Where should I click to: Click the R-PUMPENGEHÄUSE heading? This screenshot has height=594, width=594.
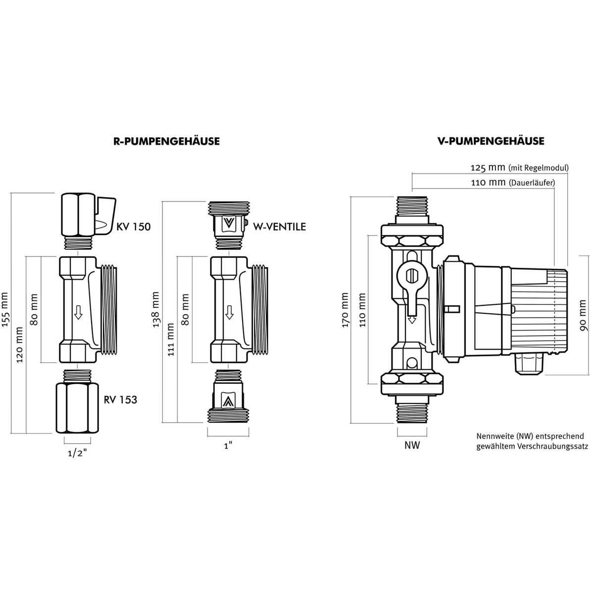[x=166, y=142]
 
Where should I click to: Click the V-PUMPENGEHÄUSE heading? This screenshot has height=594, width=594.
[x=491, y=141]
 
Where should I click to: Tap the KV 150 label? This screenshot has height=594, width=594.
[x=134, y=227]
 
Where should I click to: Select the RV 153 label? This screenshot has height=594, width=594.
[x=121, y=399]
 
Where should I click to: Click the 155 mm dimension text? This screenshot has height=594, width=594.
[x=7, y=310]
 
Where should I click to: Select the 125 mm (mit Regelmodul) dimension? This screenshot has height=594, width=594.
[x=519, y=168]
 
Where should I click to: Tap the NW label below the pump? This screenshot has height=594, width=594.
[x=412, y=445]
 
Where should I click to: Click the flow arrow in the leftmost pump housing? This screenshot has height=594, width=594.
[x=78, y=312]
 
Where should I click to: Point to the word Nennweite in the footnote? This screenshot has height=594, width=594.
[x=494, y=436]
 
